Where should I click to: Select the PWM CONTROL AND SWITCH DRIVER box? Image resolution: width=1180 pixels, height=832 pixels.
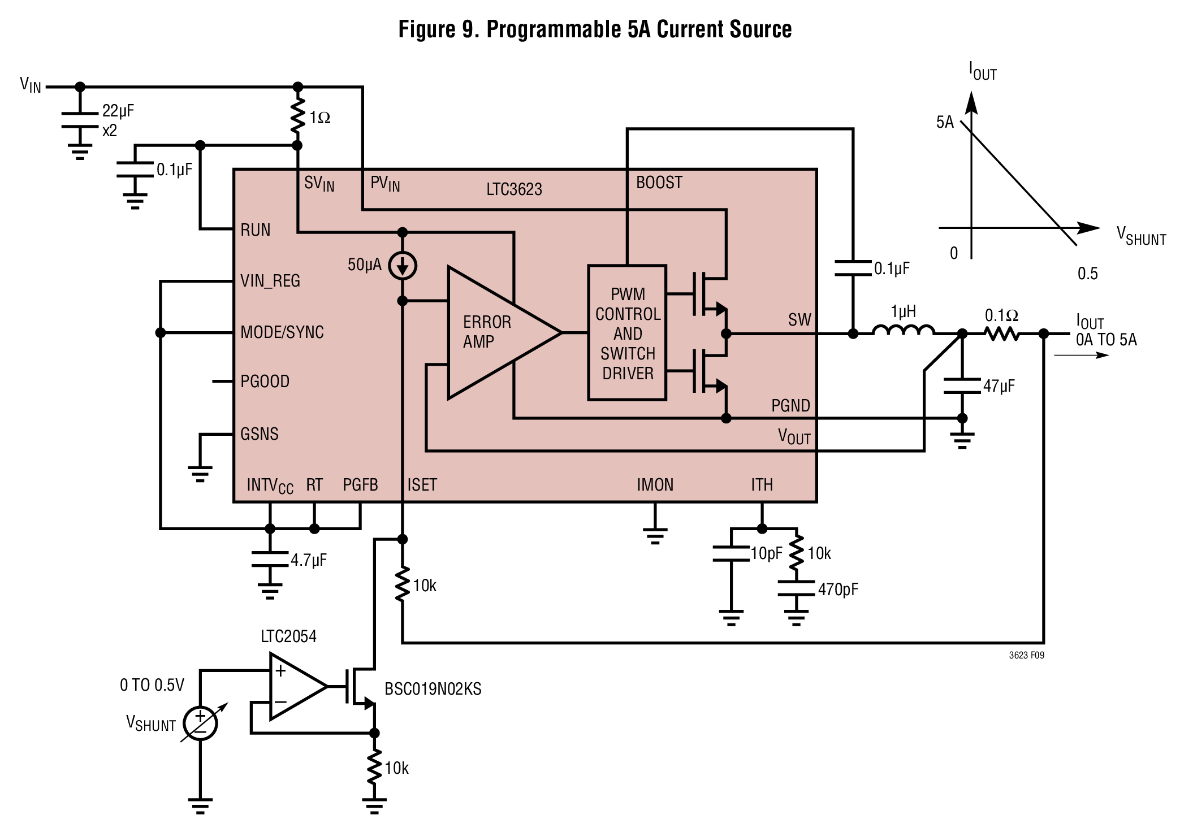click(627, 333)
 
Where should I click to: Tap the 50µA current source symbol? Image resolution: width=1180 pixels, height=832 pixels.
click(403, 266)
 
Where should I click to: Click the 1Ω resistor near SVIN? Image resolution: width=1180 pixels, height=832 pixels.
click(297, 116)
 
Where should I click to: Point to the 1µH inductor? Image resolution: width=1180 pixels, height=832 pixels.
click(903, 331)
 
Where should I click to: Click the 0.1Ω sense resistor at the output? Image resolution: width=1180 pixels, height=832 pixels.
click(1002, 334)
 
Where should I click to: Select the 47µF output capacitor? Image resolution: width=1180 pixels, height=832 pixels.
click(962, 386)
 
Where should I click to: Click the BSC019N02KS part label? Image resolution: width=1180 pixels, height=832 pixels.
click(433, 689)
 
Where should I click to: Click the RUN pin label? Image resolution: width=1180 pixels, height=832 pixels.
click(256, 230)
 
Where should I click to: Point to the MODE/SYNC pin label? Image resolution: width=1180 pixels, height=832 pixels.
click(282, 332)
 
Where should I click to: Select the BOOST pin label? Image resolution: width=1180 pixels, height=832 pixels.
click(659, 183)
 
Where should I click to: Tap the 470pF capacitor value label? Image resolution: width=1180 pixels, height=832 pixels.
click(838, 590)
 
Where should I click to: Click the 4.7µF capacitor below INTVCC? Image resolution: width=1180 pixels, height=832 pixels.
click(270, 558)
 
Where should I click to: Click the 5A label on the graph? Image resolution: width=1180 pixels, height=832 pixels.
click(945, 122)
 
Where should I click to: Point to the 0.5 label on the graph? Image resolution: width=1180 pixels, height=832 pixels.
click(1087, 274)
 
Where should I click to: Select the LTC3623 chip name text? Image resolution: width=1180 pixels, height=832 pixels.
click(514, 189)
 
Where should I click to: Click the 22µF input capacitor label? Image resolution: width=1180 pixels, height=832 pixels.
click(118, 111)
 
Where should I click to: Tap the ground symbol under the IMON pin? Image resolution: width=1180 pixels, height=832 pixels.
click(655, 534)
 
